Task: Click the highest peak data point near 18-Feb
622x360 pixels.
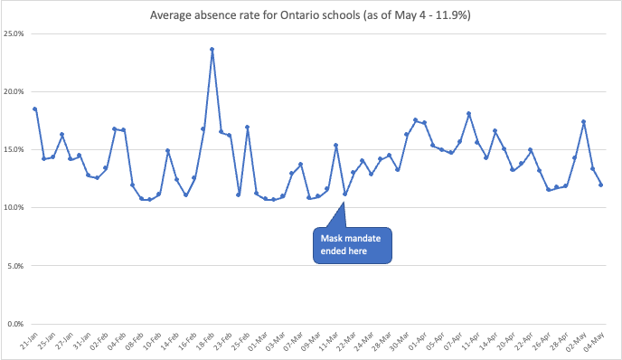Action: click(x=212, y=50)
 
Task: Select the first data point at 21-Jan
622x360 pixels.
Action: click(x=35, y=109)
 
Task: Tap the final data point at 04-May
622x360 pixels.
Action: click(x=601, y=185)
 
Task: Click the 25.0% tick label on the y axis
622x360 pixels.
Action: click(x=15, y=33)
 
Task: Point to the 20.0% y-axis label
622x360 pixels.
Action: click(x=15, y=91)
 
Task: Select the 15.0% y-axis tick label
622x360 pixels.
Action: click(x=15, y=149)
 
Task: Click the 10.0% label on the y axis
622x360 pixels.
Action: click(x=15, y=207)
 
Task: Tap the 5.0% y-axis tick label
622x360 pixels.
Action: click(x=17, y=266)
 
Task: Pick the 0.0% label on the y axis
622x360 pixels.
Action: click(x=17, y=324)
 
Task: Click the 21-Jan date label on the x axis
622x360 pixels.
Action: click(x=30, y=342)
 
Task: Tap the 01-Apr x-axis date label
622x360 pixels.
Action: click(x=419, y=342)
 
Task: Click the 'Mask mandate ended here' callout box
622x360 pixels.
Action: click(x=353, y=245)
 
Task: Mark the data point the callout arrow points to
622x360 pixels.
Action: click(x=345, y=194)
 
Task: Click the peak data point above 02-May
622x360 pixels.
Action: click(x=584, y=121)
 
